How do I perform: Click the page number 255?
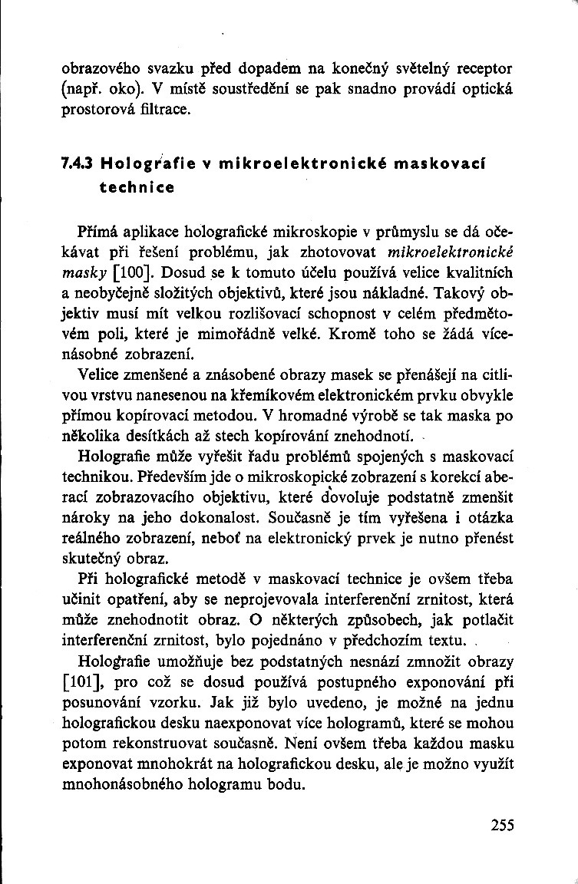(x=500, y=826)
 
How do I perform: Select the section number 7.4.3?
(x=76, y=163)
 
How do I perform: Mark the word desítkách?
(x=160, y=437)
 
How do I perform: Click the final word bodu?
(x=286, y=784)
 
